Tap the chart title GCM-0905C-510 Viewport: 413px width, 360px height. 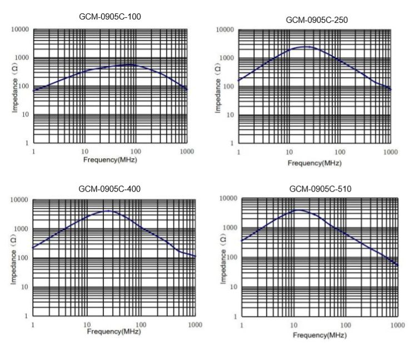click(x=320, y=189)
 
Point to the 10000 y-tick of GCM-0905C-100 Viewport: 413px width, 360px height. click(x=19, y=29)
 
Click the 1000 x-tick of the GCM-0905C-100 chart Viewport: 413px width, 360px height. click(x=186, y=152)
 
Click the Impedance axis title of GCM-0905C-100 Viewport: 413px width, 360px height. click(x=16, y=86)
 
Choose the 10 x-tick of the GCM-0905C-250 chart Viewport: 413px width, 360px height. click(x=289, y=152)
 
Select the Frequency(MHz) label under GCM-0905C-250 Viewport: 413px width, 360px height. click(x=315, y=163)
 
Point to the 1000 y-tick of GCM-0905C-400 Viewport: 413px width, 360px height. click(x=21, y=229)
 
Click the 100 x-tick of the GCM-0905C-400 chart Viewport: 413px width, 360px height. click(x=141, y=324)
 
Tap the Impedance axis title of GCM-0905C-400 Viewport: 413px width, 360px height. click(x=16, y=257)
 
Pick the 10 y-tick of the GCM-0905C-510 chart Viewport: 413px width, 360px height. click(x=231, y=287)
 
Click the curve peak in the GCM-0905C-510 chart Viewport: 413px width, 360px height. click(x=298, y=210)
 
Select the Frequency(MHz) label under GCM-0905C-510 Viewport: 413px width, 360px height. click(x=319, y=335)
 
